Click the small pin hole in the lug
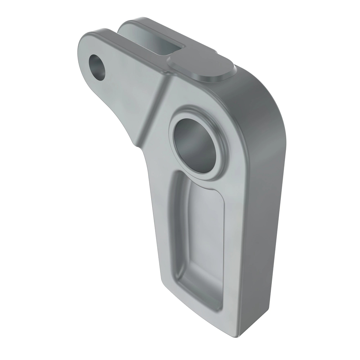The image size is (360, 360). coord(98,67)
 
